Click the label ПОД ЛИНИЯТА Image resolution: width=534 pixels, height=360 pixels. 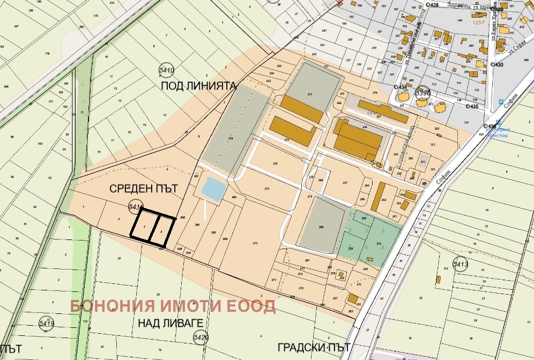coord(199,85)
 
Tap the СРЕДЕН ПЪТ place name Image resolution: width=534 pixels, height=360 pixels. coord(143,189)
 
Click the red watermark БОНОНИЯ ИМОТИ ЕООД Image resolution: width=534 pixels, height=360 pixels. coord(173,306)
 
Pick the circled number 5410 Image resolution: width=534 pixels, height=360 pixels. coord(167,70)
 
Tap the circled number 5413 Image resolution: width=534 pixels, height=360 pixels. coord(461,264)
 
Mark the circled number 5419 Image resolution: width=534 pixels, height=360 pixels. coord(47,322)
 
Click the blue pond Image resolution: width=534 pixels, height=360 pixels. coord(213,189)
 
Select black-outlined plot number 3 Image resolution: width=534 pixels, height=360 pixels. coord(145,227)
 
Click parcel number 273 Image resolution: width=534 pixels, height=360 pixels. coord(255,244)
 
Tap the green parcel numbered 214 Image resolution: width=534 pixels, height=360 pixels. coord(379,244)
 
